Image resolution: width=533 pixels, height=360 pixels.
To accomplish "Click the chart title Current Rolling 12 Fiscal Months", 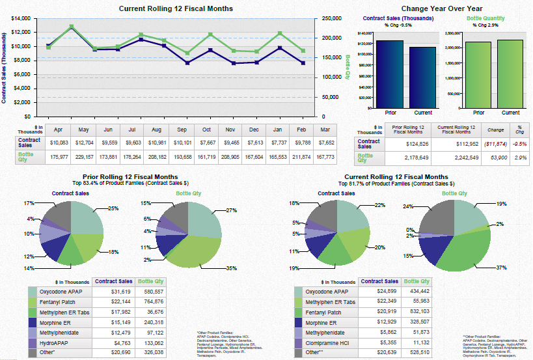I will [176, 8].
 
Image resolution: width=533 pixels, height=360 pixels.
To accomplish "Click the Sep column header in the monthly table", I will [182, 130].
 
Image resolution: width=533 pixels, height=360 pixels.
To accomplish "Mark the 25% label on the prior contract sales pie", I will [113, 209].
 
